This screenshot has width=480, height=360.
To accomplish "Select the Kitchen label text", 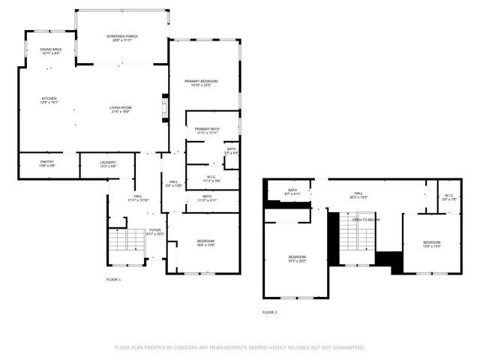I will [49, 100].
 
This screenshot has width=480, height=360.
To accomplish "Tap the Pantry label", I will [47, 163].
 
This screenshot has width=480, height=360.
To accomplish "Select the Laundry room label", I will [108, 163].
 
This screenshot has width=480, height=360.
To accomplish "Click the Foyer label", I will [154, 232].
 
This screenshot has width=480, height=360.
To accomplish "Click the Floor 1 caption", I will [113, 280].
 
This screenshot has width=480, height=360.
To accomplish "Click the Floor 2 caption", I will [270, 312].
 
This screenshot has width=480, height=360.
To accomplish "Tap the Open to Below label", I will [367, 220].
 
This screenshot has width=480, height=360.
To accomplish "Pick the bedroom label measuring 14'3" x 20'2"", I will [297, 259].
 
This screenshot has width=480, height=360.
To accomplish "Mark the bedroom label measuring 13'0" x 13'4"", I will [431, 244].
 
